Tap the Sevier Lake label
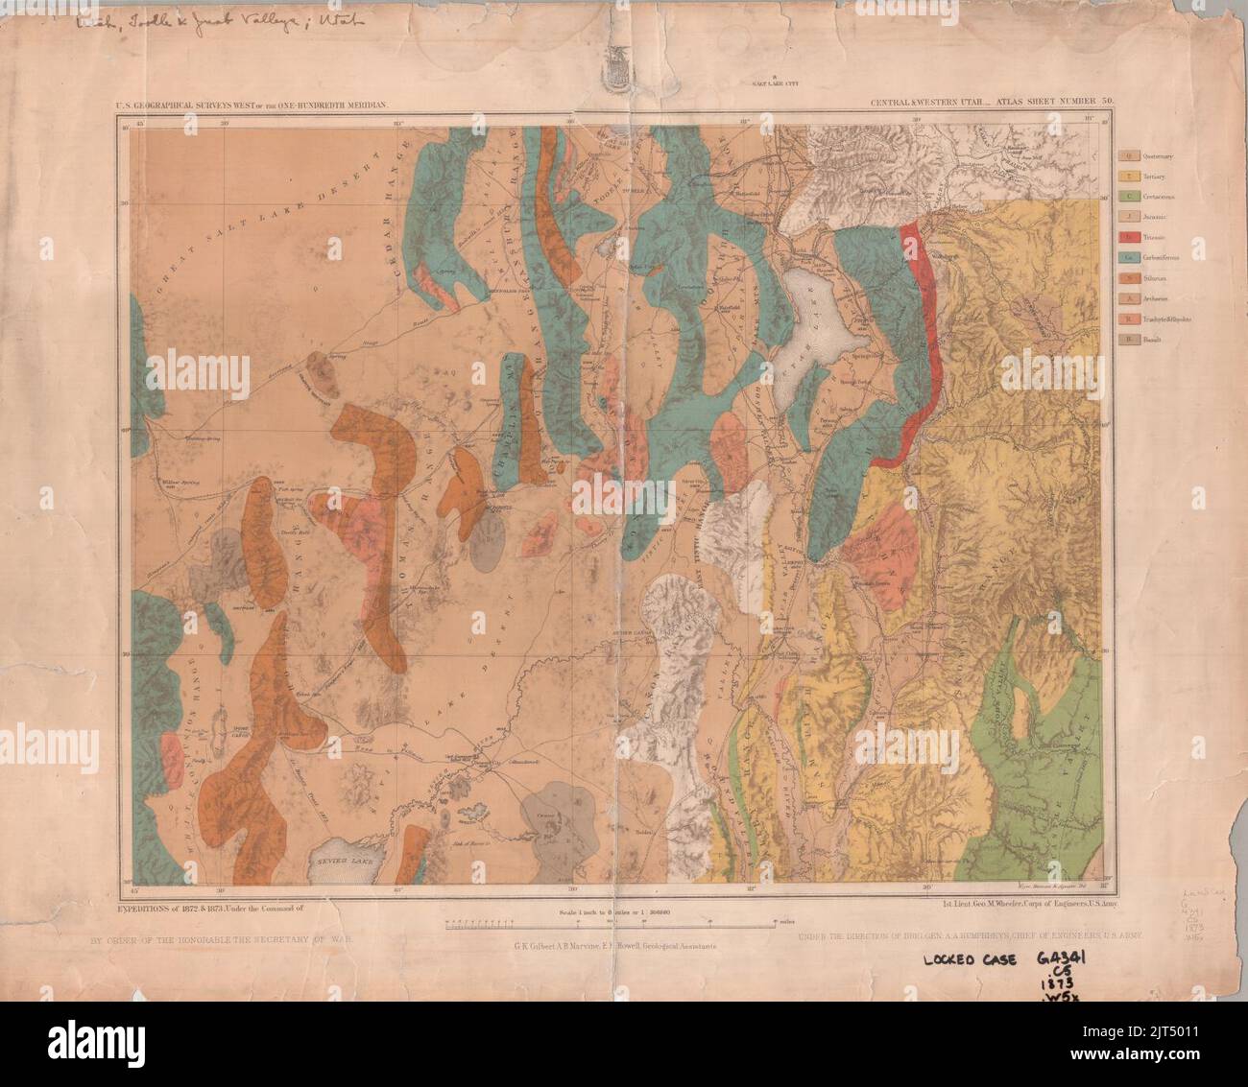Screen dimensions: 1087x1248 tap(338, 861)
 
